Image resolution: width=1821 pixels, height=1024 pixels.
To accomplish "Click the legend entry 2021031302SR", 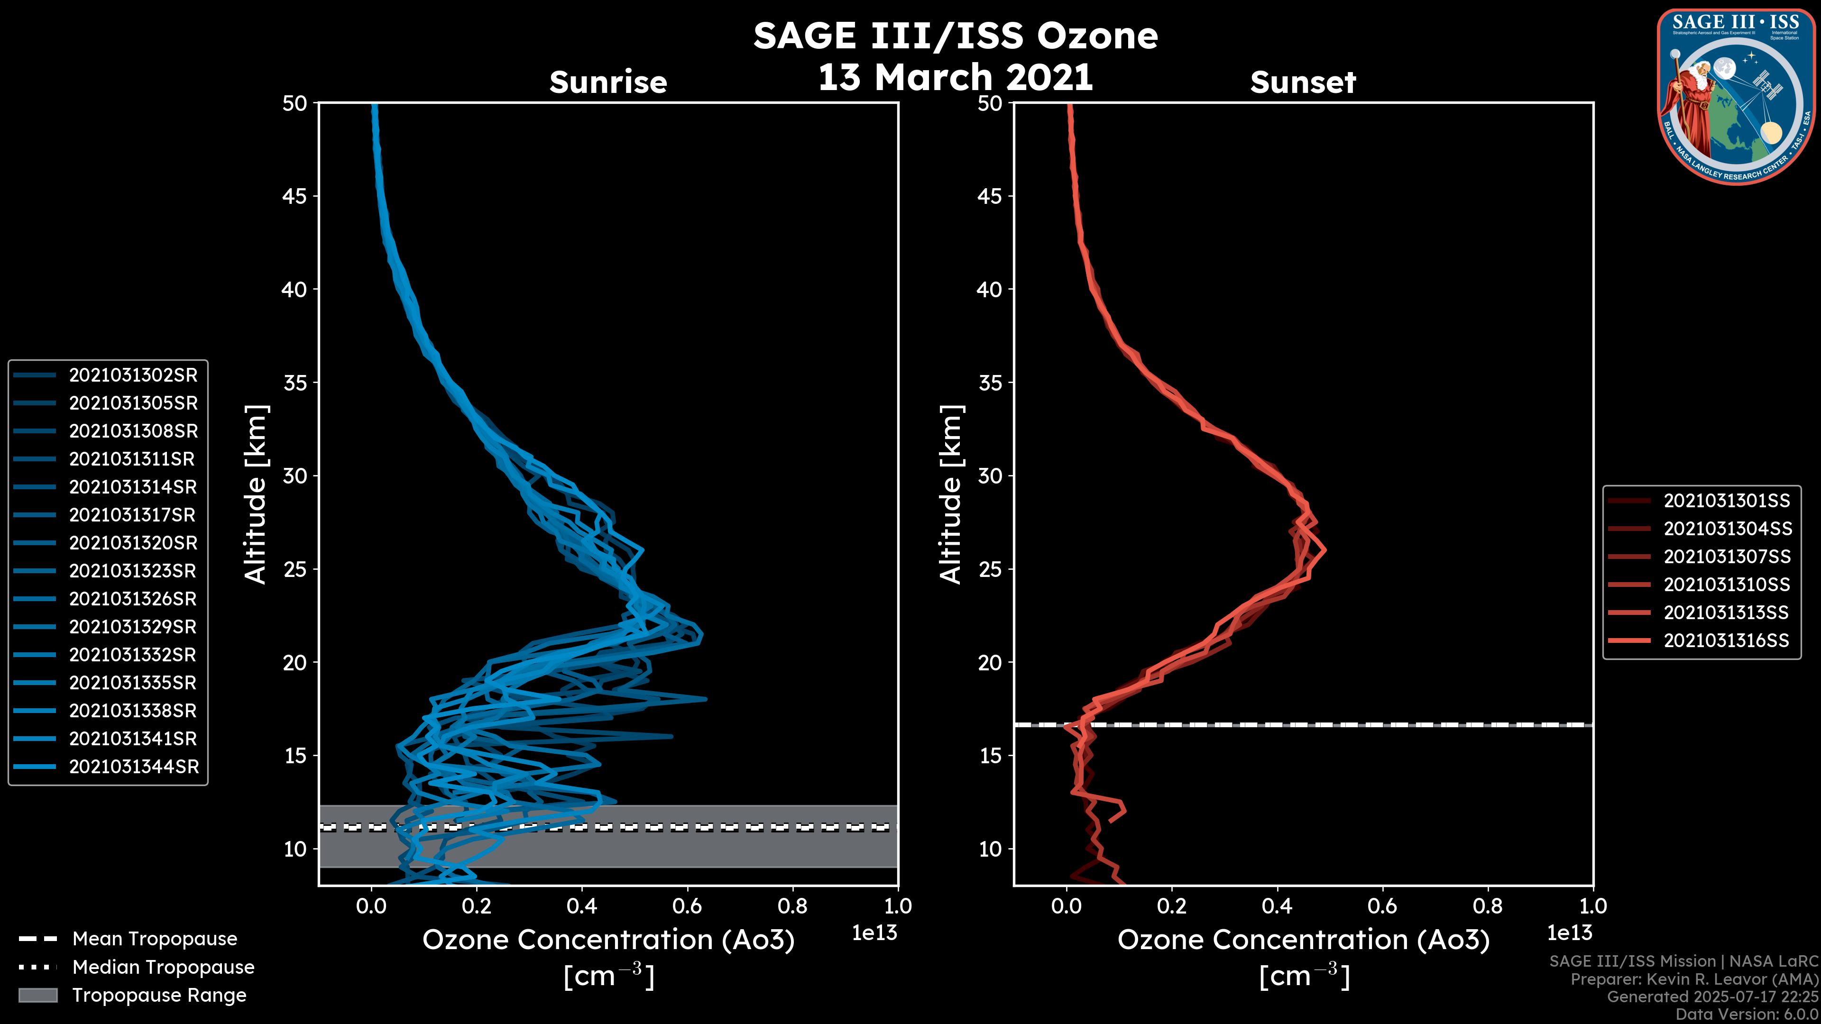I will tap(133, 375).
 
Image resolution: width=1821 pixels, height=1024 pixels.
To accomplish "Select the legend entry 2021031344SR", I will tap(134, 767).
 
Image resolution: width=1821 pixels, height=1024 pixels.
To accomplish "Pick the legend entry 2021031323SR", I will tap(133, 571).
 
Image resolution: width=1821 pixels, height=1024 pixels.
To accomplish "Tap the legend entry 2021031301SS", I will tap(1726, 501).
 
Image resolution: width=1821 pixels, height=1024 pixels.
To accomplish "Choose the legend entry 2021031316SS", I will tap(1726, 641).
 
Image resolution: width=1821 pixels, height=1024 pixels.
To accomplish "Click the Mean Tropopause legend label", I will tap(155, 939).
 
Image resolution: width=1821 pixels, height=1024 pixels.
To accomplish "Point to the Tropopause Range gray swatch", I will tap(38, 995).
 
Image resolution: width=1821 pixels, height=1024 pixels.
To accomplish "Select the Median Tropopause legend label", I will tap(163, 968).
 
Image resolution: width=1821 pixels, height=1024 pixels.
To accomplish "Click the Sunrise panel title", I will tap(608, 82).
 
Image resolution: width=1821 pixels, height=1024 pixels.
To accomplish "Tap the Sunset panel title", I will tap(1303, 82).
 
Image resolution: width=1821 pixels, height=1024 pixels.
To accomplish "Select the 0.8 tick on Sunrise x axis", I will tap(792, 906).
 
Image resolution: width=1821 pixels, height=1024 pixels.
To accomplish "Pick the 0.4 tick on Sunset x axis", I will tap(1277, 906).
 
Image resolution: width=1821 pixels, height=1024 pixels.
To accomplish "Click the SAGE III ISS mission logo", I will tap(1735, 97).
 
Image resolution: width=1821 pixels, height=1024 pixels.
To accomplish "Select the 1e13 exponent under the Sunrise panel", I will tap(874, 933).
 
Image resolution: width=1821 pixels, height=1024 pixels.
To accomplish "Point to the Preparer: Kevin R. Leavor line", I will tap(1694, 979).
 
